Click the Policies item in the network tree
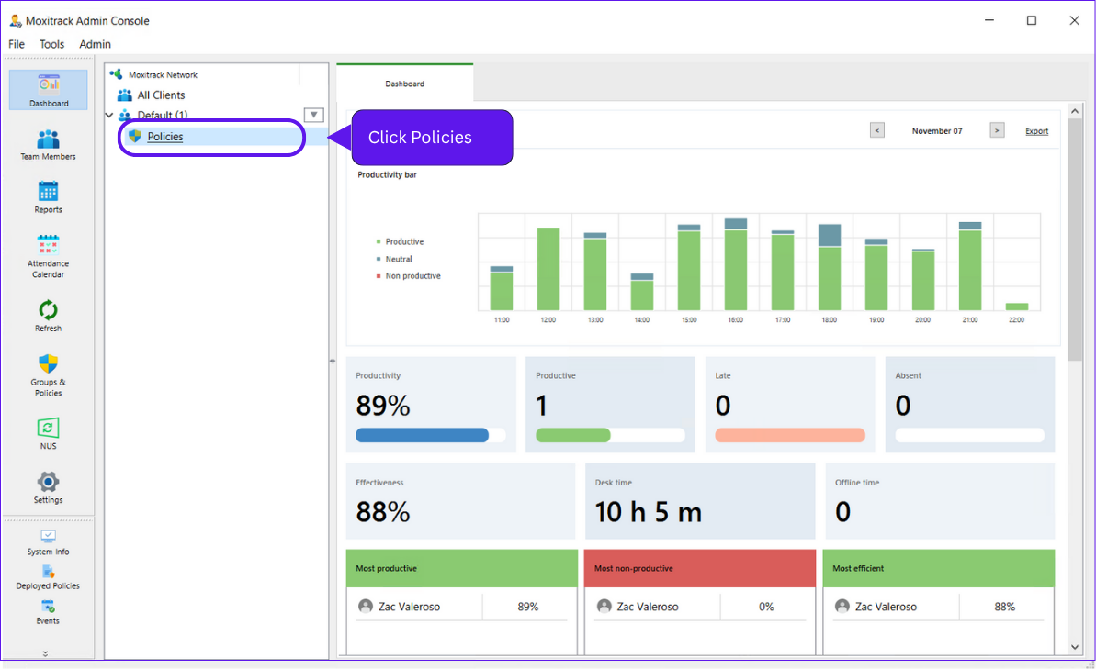(165, 137)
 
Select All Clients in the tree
(161, 95)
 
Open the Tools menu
(52, 44)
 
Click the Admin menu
(95, 44)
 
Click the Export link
(1036, 131)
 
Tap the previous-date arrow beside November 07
(877, 130)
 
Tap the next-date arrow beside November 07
(997, 130)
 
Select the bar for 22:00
(1017, 307)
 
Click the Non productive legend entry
(412, 276)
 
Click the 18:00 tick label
(830, 320)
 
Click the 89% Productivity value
(382, 406)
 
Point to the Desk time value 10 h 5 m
(649, 512)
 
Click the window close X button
(1074, 20)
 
